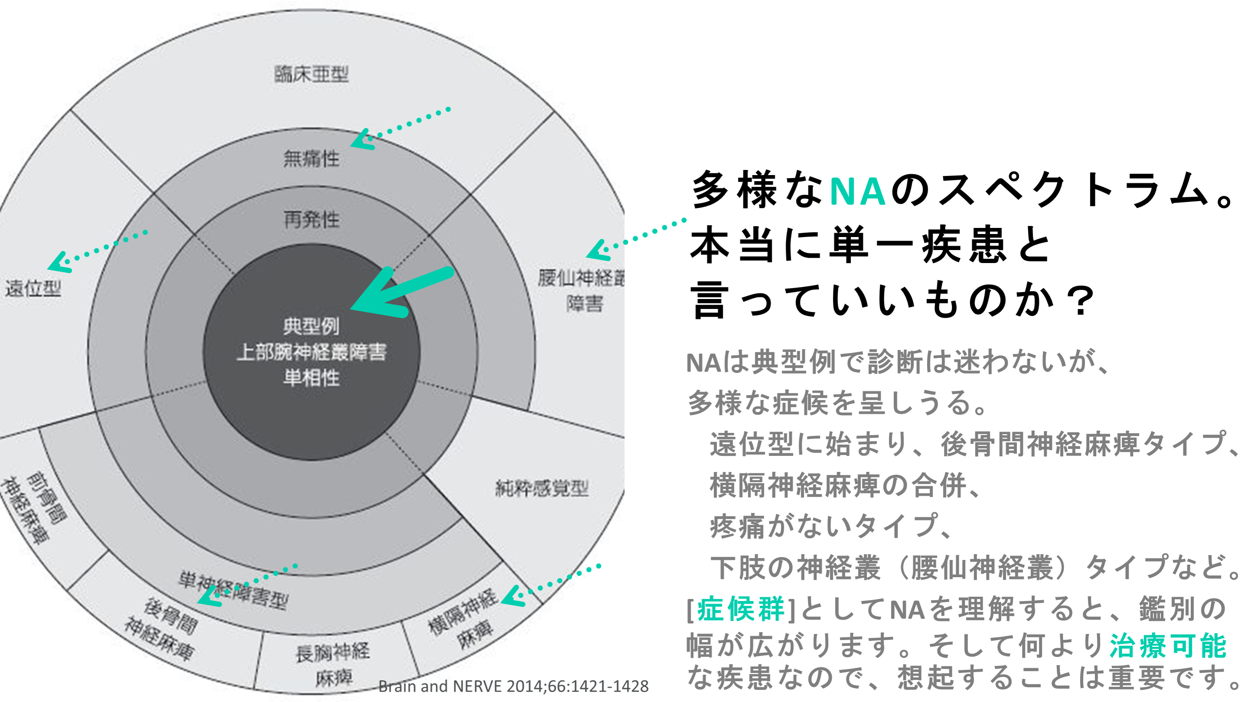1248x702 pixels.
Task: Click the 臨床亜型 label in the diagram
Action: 311,74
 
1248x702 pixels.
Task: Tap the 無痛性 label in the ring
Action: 311,158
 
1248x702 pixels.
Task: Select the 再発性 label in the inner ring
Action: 311,219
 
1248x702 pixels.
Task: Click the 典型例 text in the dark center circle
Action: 311,326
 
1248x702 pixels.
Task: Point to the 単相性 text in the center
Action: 311,377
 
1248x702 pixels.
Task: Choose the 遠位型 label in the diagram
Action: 33,289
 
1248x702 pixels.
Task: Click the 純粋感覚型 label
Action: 542,488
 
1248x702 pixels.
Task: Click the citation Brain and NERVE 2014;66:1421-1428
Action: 513,686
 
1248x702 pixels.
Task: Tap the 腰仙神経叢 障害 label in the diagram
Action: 582,290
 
